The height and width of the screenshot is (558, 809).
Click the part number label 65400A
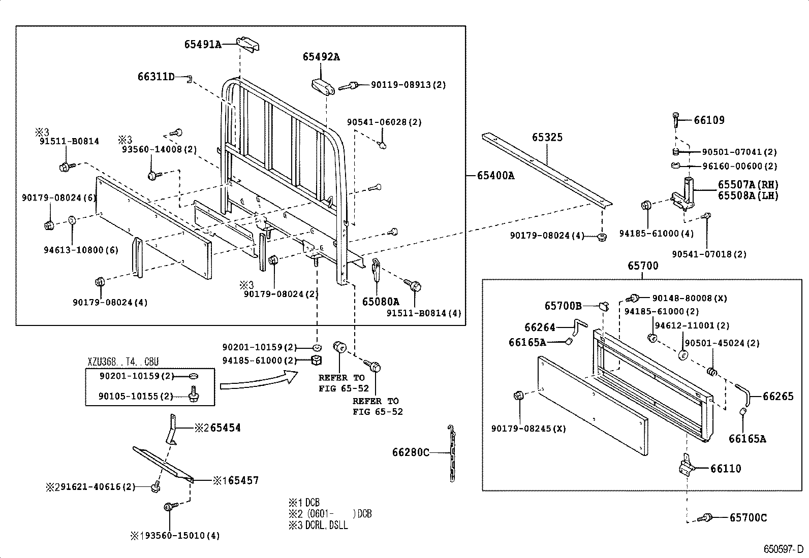(x=495, y=176)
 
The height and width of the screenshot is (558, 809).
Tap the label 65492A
(x=321, y=57)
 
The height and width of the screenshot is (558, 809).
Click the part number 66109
(x=709, y=120)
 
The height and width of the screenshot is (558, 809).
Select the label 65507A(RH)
(x=748, y=185)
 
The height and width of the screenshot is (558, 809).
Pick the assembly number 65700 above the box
(x=642, y=266)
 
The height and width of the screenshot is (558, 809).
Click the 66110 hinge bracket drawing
(x=686, y=466)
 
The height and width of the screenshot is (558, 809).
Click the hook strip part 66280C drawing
(x=452, y=452)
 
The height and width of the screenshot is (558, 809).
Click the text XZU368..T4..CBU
(x=123, y=362)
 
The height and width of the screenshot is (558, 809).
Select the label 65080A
(x=381, y=302)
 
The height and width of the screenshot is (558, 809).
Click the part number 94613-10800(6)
(x=81, y=250)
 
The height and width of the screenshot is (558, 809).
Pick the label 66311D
(x=156, y=77)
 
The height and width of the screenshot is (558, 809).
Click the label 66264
(x=540, y=327)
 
